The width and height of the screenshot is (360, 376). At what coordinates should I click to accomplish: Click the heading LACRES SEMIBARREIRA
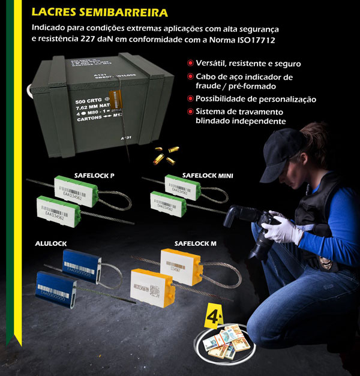tap(100, 12)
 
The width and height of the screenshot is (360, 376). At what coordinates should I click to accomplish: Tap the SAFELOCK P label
tap(94, 175)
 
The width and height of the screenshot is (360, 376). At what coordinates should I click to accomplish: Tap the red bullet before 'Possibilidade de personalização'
tap(190, 99)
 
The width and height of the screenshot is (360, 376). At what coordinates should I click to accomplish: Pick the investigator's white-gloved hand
tap(280, 230)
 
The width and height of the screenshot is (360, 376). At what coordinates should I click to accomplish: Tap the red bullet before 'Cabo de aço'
tap(190, 77)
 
